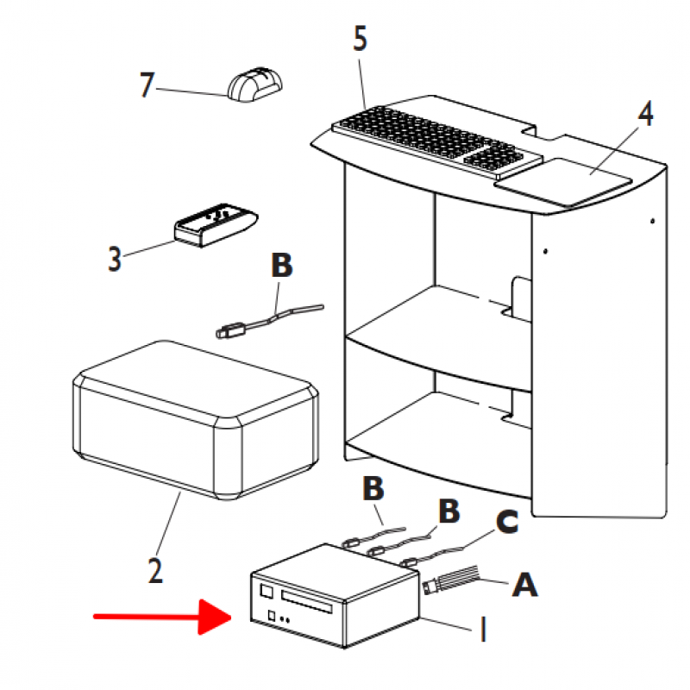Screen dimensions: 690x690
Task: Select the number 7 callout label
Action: (149, 85)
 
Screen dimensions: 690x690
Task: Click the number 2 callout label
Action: (154, 570)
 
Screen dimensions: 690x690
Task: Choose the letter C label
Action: (506, 522)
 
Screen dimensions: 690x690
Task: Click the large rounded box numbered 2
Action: (194, 418)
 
